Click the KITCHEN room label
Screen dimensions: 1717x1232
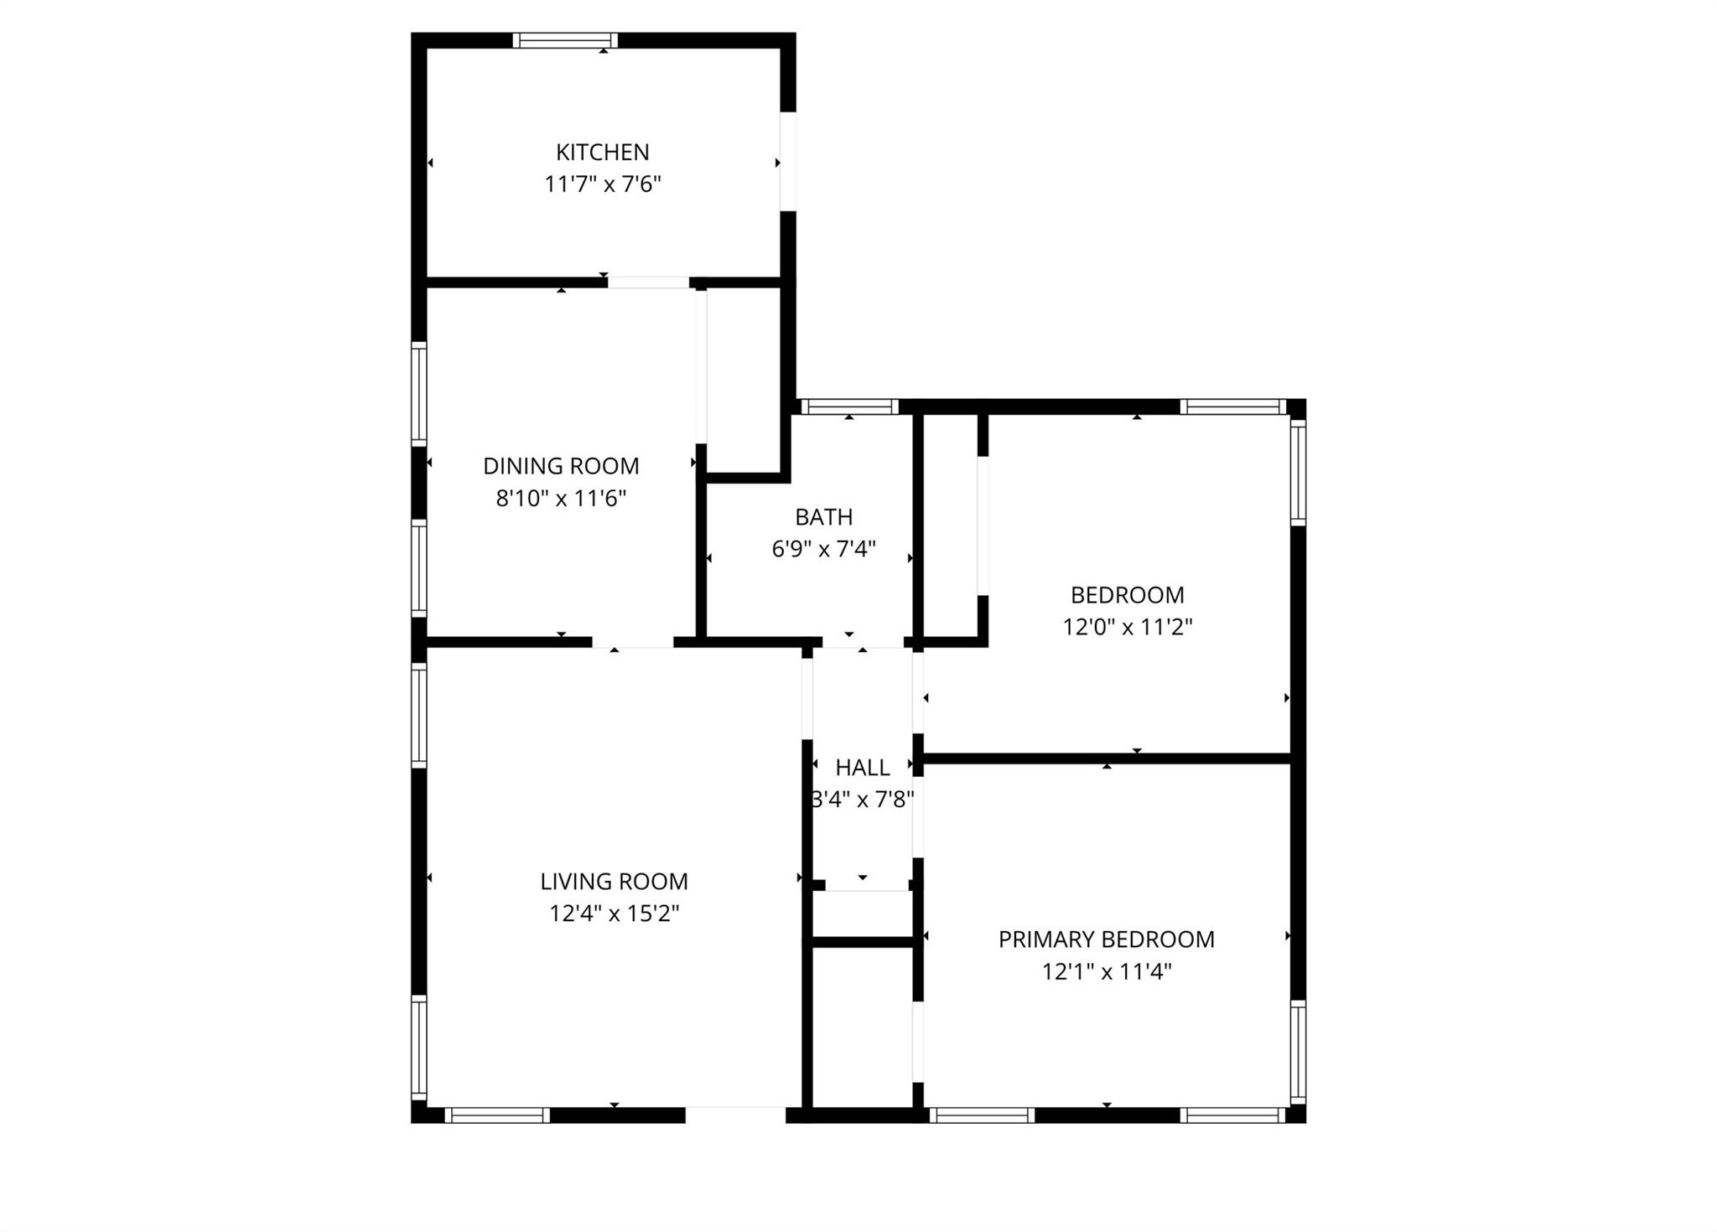pos(603,153)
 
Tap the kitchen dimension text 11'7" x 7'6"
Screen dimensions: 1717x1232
pos(603,184)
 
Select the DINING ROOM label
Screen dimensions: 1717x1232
pos(561,466)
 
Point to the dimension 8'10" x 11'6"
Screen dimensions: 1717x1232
pos(561,499)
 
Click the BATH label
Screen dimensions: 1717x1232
pos(824,517)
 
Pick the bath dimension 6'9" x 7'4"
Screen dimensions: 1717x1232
pos(824,549)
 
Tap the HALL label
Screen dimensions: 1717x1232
pos(863,768)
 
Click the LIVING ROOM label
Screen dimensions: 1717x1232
pos(614,882)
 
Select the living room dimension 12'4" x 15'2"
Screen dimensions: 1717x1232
pos(614,914)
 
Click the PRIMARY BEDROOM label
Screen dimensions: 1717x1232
pos(1107,940)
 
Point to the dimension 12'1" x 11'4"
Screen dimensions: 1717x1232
pos(1107,972)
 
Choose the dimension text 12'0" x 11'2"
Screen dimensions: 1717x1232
pos(1128,627)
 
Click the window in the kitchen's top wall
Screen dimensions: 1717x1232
pos(565,40)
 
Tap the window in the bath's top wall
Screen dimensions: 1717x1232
pos(849,407)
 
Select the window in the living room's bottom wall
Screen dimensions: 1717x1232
pos(497,1116)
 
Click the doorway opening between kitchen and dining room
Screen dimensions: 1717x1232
pos(649,282)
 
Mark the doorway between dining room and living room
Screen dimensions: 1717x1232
pos(633,642)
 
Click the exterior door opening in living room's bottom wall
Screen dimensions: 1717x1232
pos(736,1116)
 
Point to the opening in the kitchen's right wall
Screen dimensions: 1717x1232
pos(788,162)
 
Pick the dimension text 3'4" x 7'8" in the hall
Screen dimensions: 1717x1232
pos(863,800)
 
